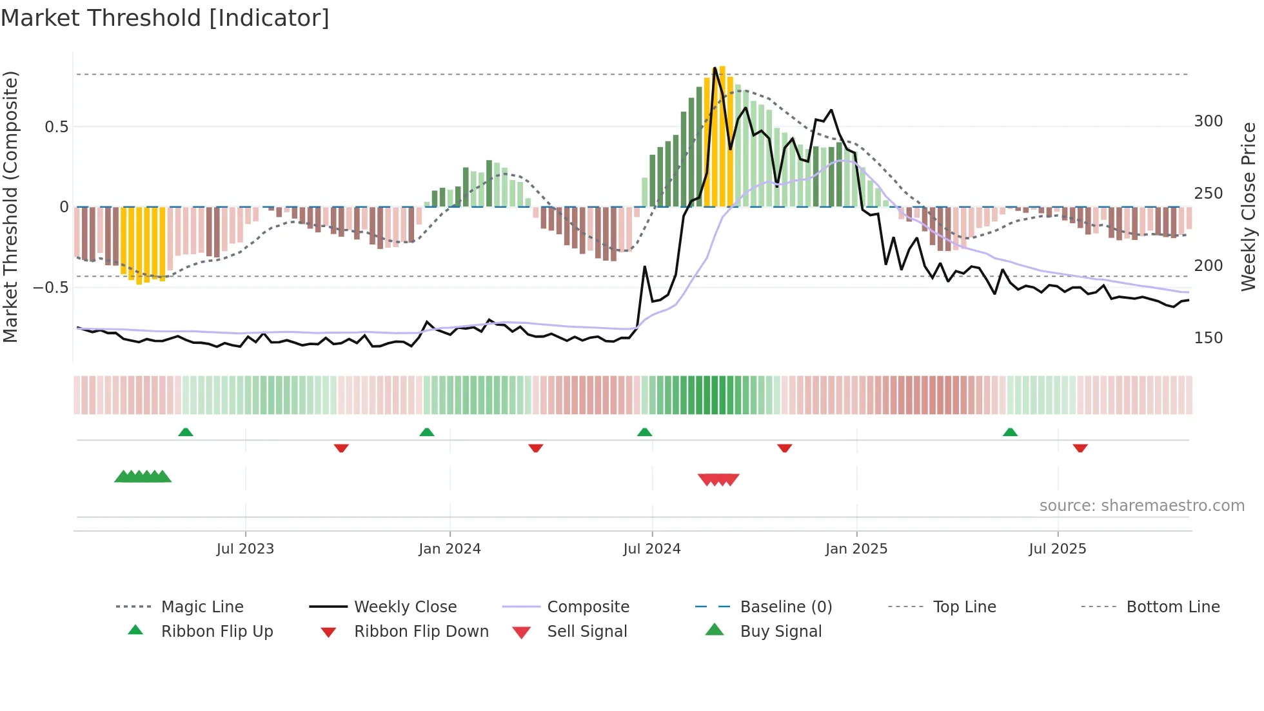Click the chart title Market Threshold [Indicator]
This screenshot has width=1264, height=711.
[x=165, y=18]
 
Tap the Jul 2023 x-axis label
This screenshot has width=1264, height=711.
[x=245, y=549]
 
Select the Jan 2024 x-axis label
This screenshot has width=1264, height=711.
[x=449, y=549]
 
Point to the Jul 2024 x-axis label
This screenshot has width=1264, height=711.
[x=652, y=549]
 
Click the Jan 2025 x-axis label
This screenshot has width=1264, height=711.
[x=856, y=549]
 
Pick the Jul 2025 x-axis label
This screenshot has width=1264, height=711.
[x=1058, y=549]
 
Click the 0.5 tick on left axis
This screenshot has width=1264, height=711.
[x=57, y=127]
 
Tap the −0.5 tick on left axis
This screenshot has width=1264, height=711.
[x=51, y=288]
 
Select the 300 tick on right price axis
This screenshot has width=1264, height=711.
[x=1209, y=121]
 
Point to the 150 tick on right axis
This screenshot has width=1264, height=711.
[x=1209, y=338]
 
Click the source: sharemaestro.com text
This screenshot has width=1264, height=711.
[x=1141, y=506]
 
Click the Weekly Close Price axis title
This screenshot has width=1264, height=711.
[x=1249, y=206]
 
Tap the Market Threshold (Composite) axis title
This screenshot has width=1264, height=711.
[x=10, y=206]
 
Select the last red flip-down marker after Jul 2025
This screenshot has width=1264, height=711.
[x=1080, y=448]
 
